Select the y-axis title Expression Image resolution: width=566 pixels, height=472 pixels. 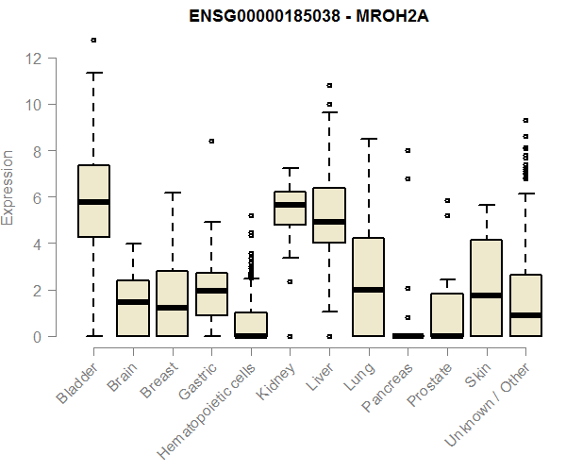[x=8, y=187]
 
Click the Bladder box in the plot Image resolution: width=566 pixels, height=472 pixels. [x=93, y=201]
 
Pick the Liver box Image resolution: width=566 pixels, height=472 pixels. [x=329, y=215]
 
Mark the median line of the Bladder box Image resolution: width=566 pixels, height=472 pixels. [x=93, y=202]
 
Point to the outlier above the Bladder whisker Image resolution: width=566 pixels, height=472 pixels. [x=93, y=40]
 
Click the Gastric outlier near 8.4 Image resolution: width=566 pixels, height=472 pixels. [x=211, y=141]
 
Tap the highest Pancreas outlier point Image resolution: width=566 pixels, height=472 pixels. [x=408, y=150]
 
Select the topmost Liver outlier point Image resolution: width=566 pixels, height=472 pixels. [x=329, y=86]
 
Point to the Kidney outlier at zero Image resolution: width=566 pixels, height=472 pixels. [x=290, y=336]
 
